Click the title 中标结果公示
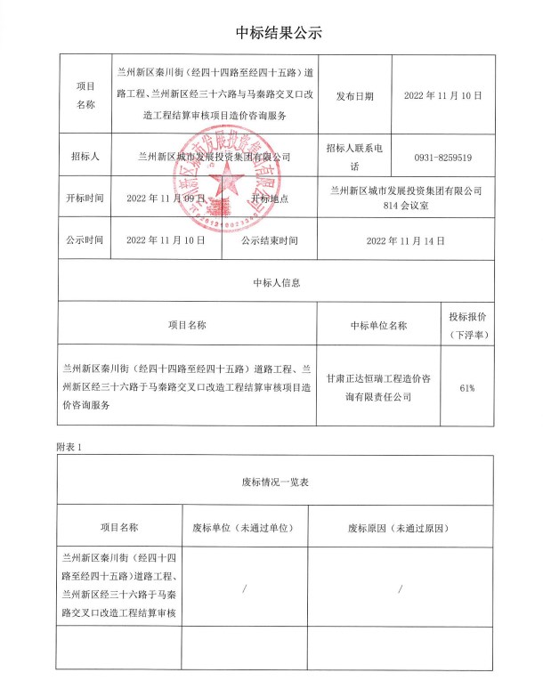pos(271,33)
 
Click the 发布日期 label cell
pos(355,94)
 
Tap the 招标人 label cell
pos(85,157)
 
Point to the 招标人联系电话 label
pos(355,158)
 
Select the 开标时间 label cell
pos(85,199)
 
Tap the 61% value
pos(467,388)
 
